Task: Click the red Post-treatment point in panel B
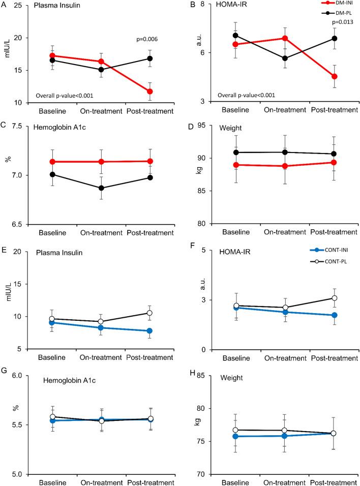335,76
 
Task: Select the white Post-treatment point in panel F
335,298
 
